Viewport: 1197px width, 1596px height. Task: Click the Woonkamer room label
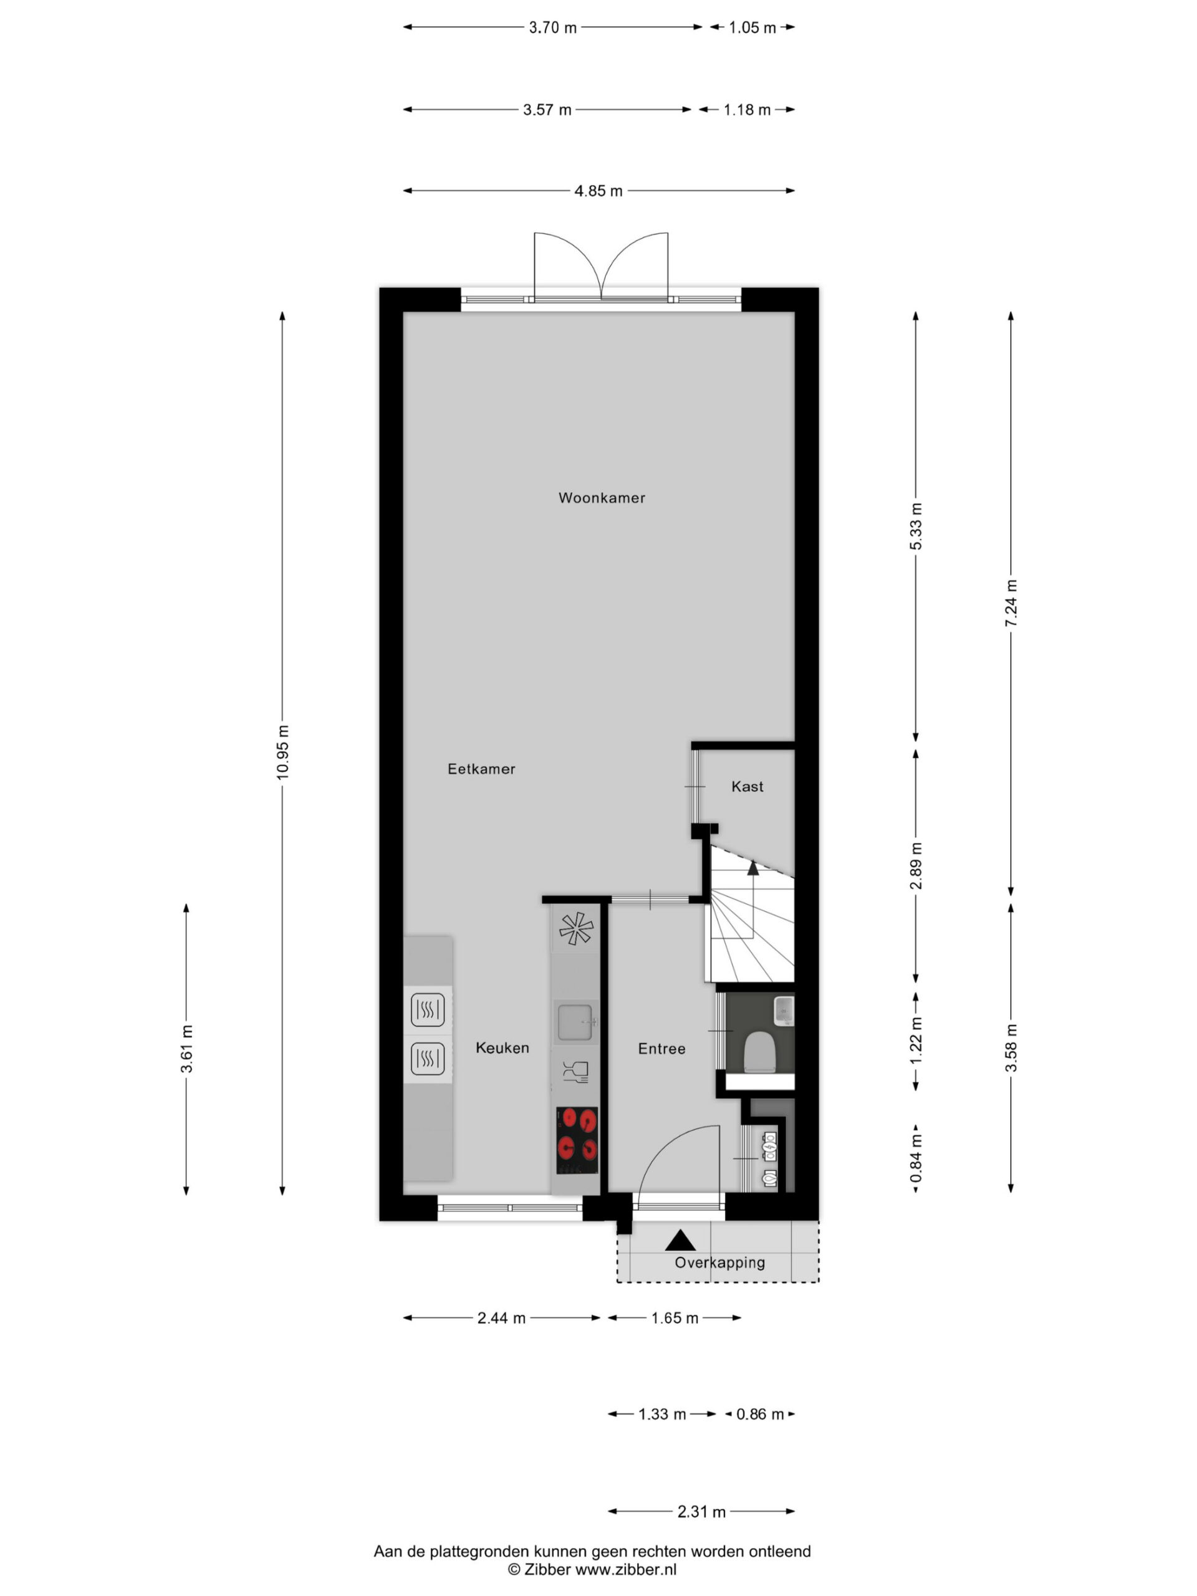point(601,498)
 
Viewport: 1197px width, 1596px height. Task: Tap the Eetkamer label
point(481,769)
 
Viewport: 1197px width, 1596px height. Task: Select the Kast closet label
point(747,786)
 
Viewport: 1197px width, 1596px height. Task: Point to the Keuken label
point(502,1047)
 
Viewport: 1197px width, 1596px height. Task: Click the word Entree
point(661,1049)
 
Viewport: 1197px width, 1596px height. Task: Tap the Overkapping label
point(719,1262)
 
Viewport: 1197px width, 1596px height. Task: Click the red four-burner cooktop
point(577,1141)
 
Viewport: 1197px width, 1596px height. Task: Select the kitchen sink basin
point(575,1022)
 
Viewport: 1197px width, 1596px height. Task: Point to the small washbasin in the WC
point(784,1010)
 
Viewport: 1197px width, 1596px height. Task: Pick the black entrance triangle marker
point(680,1240)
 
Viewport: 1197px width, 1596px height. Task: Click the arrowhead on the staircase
point(752,868)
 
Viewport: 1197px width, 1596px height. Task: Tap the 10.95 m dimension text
point(282,752)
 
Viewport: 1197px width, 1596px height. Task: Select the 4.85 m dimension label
point(598,191)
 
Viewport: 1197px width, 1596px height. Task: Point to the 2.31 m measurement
point(701,1512)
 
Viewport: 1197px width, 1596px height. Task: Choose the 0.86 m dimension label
point(760,1414)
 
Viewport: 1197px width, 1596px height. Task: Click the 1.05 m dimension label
point(752,27)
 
